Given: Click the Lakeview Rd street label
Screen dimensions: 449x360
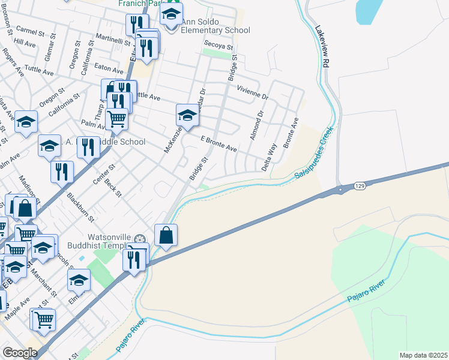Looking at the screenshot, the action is [325, 46].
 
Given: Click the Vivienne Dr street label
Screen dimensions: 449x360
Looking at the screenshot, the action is [252, 91].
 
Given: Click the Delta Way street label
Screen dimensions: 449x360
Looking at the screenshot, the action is [269, 157].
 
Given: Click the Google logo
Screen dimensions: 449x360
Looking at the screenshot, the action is [20, 353].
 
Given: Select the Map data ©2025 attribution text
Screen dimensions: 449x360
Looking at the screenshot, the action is [423, 355].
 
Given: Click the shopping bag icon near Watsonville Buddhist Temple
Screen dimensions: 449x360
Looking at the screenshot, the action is [166, 235].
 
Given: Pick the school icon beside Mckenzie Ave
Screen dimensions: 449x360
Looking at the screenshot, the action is [187, 116].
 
